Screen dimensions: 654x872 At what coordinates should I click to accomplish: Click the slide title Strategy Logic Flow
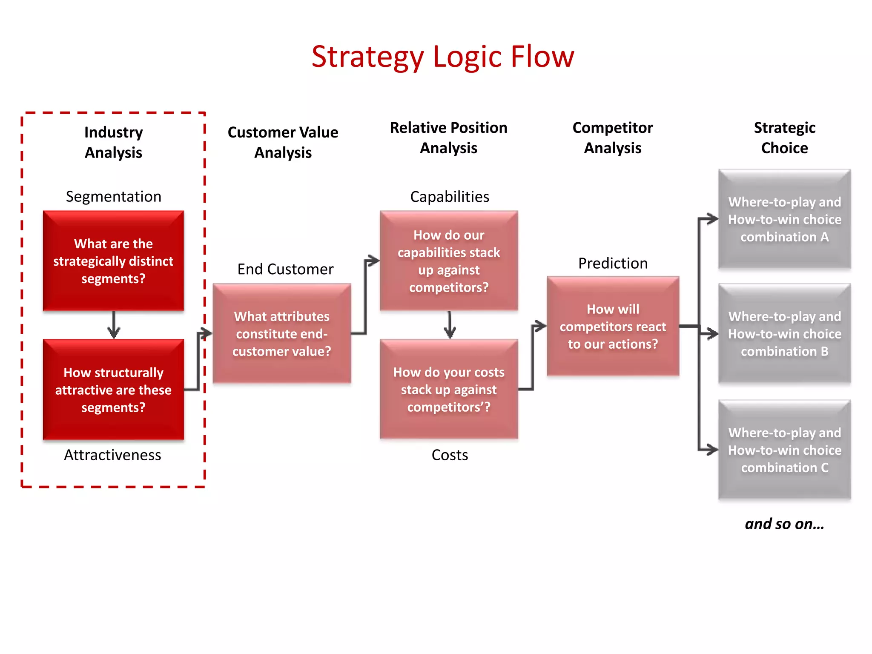point(443,57)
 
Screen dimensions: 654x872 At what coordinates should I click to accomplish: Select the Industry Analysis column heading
point(113,142)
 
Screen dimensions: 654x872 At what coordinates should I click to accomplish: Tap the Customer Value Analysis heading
point(283,142)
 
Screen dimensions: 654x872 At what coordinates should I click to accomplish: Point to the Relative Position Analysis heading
point(449,138)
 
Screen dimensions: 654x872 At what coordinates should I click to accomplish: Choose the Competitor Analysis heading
point(612,138)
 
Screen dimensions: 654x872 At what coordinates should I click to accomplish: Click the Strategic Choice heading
point(784,138)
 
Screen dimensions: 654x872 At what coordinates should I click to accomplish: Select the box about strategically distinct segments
point(113,261)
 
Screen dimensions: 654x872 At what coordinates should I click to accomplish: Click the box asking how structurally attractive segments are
point(113,390)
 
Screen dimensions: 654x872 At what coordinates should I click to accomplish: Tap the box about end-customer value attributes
point(282,333)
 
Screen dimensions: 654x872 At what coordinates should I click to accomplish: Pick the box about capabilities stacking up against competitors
point(449,261)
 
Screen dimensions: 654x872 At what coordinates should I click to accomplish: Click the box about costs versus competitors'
point(449,389)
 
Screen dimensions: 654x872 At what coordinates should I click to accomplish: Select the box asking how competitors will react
point(613,326)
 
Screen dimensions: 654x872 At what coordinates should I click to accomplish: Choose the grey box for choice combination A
point(784,219)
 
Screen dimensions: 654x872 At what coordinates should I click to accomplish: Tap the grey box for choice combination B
point(784,333)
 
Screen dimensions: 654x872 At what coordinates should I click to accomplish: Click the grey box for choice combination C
point(784,450)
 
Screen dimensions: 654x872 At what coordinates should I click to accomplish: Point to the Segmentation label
point(113,197)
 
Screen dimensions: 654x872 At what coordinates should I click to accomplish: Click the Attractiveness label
point(112,455)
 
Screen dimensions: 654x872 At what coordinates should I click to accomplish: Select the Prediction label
point(613,263)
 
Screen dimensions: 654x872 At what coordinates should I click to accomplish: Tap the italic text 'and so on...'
point(784,524)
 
